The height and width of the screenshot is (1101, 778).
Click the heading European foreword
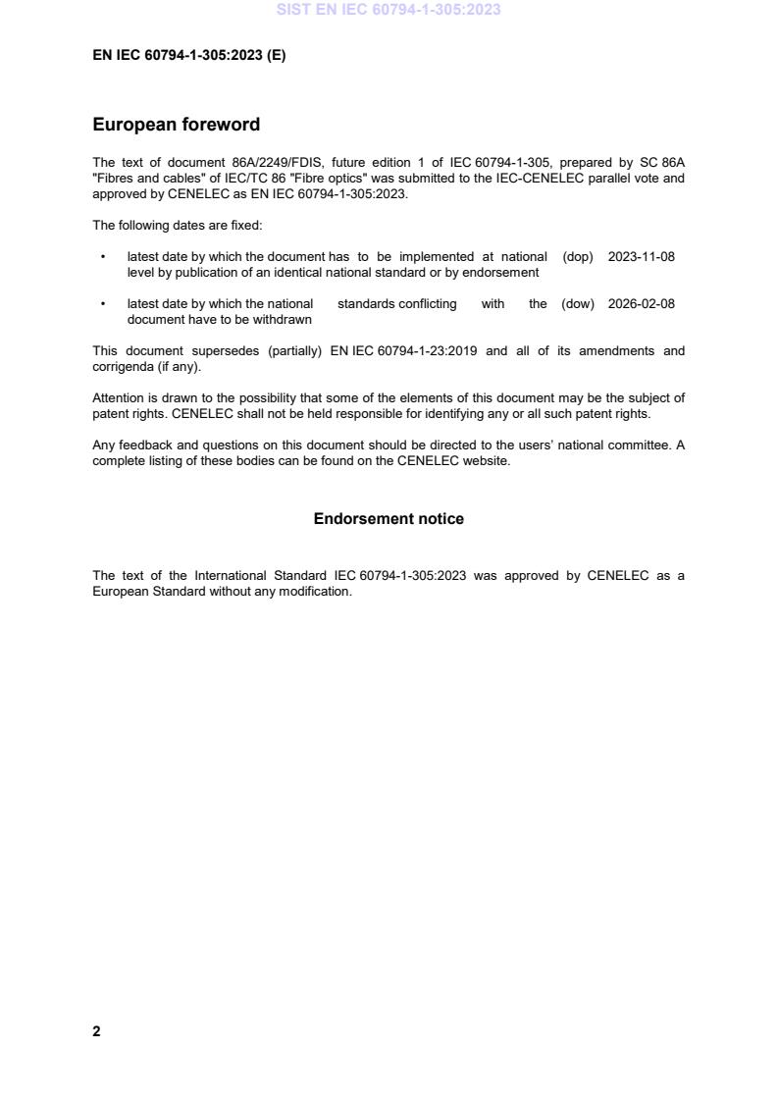176,125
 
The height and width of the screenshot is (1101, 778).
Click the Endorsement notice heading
389,519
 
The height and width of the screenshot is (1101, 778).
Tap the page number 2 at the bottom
96,1031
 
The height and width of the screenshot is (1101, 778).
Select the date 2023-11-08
642,257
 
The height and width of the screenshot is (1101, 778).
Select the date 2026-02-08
642,304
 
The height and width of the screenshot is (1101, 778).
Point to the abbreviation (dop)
578,257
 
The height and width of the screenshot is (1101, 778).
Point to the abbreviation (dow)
578,304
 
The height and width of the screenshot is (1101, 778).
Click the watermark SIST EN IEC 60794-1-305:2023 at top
389,10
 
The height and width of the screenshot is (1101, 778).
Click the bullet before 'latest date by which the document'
102,257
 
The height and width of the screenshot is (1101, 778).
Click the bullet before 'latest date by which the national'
102,304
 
